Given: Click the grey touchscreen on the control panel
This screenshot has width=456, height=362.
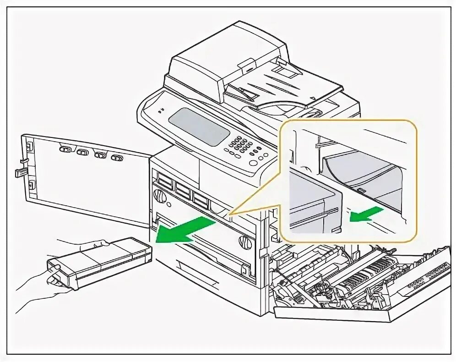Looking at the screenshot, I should click(199, 126).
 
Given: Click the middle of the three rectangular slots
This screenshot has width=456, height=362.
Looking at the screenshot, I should click(183, 190).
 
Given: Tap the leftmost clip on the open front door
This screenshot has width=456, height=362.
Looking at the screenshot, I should click(65, 149).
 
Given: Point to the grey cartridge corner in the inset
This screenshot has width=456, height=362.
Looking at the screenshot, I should click(316, 202).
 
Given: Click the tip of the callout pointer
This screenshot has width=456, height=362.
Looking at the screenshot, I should click(229, 214).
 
